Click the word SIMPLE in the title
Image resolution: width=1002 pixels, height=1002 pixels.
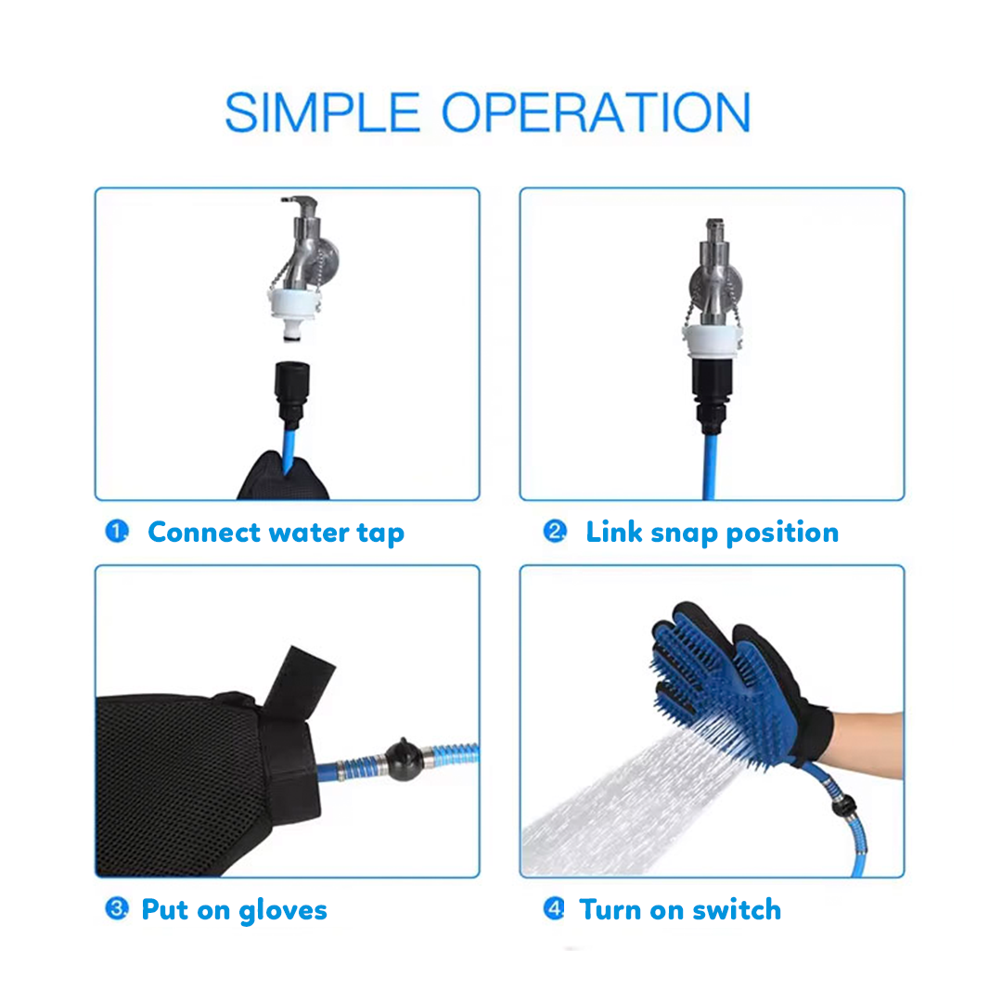pyautogui.click(x=323, y=112)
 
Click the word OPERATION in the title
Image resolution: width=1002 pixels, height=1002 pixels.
pyautogui.click(x=597, y=112)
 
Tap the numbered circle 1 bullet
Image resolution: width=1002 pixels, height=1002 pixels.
pyautogui.click(x=117, y=531)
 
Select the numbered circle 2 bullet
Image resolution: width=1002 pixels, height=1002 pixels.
pyautogui.click(x=555, y=531)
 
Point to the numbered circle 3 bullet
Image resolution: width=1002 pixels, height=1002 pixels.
pyautogui.click(x=117, y=908)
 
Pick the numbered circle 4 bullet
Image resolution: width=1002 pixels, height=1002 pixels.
pyautogui.click(x=554, y=908)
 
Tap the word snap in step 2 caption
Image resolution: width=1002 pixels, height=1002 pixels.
pyautogui.click(x=684, y=533)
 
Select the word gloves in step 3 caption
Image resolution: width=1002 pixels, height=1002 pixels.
pyautogui.click(x=283, y=911)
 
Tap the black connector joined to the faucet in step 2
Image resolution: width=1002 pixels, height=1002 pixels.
pyautogui.click(x=712, y=395)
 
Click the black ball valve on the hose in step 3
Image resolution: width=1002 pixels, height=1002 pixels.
pyautogui.click(x=404, y=759)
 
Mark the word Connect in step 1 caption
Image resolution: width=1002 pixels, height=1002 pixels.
pyautogui.click(x=204, y=533)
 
